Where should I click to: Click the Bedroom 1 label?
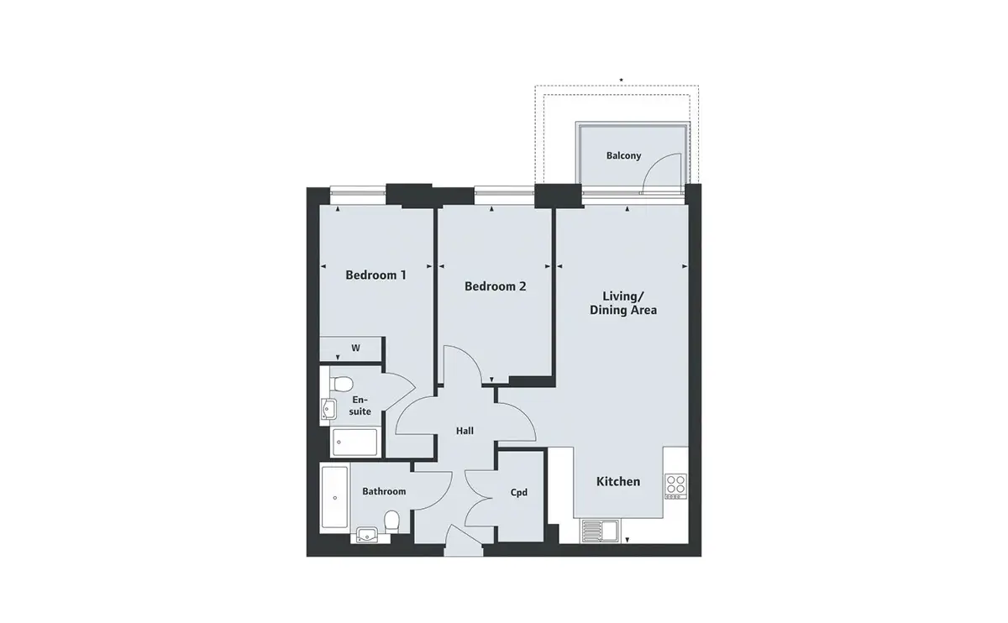(375, 275)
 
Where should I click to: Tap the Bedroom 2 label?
(495, 286)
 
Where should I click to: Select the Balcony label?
(623, 155)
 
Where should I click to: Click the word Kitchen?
(618, 481)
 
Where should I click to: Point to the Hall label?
(465, 431)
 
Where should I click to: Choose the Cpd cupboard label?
(519, 493)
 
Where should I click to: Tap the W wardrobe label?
(355, 348)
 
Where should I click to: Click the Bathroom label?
(384, 491)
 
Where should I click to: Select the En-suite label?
(360, 406)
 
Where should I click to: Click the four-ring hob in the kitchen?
(676, 486)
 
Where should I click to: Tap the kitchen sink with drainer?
(601, 531)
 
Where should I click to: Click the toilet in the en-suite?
(341, 385)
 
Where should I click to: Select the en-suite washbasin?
(328, 410)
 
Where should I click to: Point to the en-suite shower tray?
(355, 442)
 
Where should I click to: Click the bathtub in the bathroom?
(334, 498)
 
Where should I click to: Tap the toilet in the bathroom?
(392, 521)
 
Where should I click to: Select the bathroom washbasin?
(367, 535)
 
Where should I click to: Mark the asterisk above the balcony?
(621, 80)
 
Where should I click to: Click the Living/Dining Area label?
(623, 303)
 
